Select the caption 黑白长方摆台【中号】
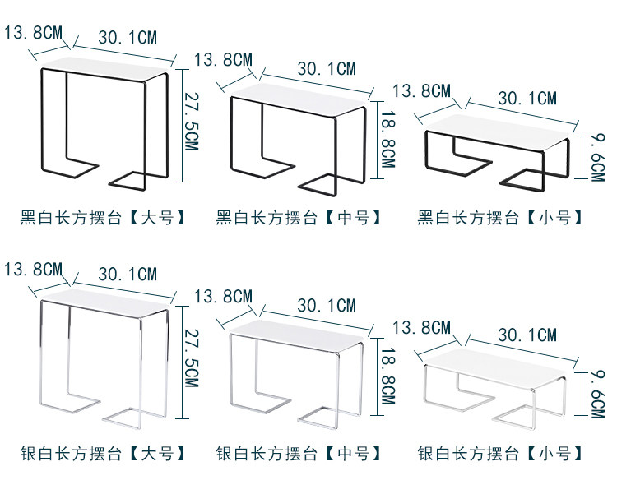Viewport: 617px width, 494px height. click(x=299, y=218)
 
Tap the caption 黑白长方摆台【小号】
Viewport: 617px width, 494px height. click(x=501, y=218)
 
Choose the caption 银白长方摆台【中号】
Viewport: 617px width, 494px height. click(x=299, y=454)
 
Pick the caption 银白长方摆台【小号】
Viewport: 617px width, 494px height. click(x=501, y=454)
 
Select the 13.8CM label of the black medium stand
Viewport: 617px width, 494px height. click(x=224, y=60)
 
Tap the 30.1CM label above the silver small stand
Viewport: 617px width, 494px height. click(x=527, y=335)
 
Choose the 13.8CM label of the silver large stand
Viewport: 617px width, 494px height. click(x=33, y=269)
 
